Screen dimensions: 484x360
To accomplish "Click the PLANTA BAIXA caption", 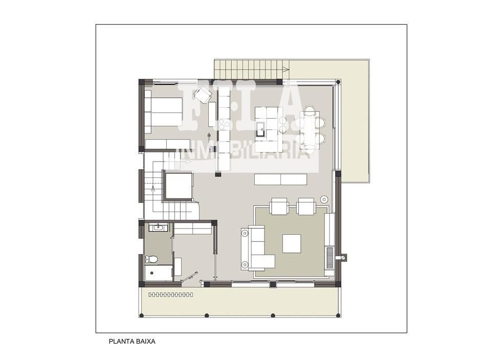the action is pos(132,342).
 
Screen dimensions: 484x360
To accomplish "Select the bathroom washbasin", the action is pos(159,228).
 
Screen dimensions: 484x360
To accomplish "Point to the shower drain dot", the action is pos(151,273).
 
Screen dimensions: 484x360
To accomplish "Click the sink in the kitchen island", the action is pos(260,129).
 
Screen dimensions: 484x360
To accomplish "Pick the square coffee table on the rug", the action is pos(292,244).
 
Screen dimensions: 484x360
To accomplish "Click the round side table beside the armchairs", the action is pos(324,199).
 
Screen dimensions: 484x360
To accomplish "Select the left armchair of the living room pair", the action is pos(279,206).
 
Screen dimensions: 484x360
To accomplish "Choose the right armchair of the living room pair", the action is pos(306,207).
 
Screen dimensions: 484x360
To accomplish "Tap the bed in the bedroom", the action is pos(164,112).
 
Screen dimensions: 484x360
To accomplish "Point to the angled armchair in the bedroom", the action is pos(202,95).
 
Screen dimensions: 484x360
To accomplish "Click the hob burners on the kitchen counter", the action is pos(224,124).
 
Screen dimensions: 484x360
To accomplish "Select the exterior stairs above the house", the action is pos(252,70).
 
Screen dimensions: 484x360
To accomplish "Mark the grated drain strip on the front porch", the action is pos(171,295).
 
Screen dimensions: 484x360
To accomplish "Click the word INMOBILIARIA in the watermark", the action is pos(244,151).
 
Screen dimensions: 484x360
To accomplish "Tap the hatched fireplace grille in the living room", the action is pos(330,258).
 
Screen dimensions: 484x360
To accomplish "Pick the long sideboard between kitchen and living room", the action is pos(280,179).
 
